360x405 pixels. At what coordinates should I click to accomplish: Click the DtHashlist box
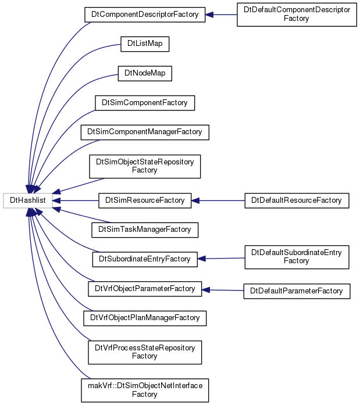pos(28,200)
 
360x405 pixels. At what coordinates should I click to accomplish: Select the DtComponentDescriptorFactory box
pos(145,15)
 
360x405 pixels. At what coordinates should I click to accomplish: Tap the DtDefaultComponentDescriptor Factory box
pos(297,15)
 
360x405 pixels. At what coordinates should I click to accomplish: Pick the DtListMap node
pos(145,44)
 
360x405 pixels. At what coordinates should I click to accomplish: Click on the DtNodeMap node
pos(145,73)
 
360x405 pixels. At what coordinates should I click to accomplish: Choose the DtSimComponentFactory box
pos(145,103)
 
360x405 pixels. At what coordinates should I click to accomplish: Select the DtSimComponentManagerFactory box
pos(145,132)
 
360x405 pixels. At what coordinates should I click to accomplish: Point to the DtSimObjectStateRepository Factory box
pos(145,166)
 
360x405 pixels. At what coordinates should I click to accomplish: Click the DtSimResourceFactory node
pos(145,200)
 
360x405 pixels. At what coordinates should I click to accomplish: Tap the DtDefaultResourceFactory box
pos(297,200)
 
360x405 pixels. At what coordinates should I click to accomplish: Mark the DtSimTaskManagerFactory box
pos(145,230)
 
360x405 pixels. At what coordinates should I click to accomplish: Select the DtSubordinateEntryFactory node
pos(145,259)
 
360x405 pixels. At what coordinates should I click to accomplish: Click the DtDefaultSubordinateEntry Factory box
pos(297,257)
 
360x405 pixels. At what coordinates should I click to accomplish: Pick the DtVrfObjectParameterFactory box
pos(145,289)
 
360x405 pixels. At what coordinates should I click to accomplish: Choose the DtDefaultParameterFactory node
pos(297,291)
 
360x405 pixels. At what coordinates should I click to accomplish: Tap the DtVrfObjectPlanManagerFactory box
pos(145,318)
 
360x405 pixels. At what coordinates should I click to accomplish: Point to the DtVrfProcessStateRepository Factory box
pos(145,352)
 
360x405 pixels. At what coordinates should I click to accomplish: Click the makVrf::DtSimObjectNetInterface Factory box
pos(145,390)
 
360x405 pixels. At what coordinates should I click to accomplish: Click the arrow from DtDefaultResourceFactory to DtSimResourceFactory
pos(218,200)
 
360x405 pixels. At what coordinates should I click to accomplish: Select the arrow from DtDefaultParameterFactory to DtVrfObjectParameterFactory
pos(223,291)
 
